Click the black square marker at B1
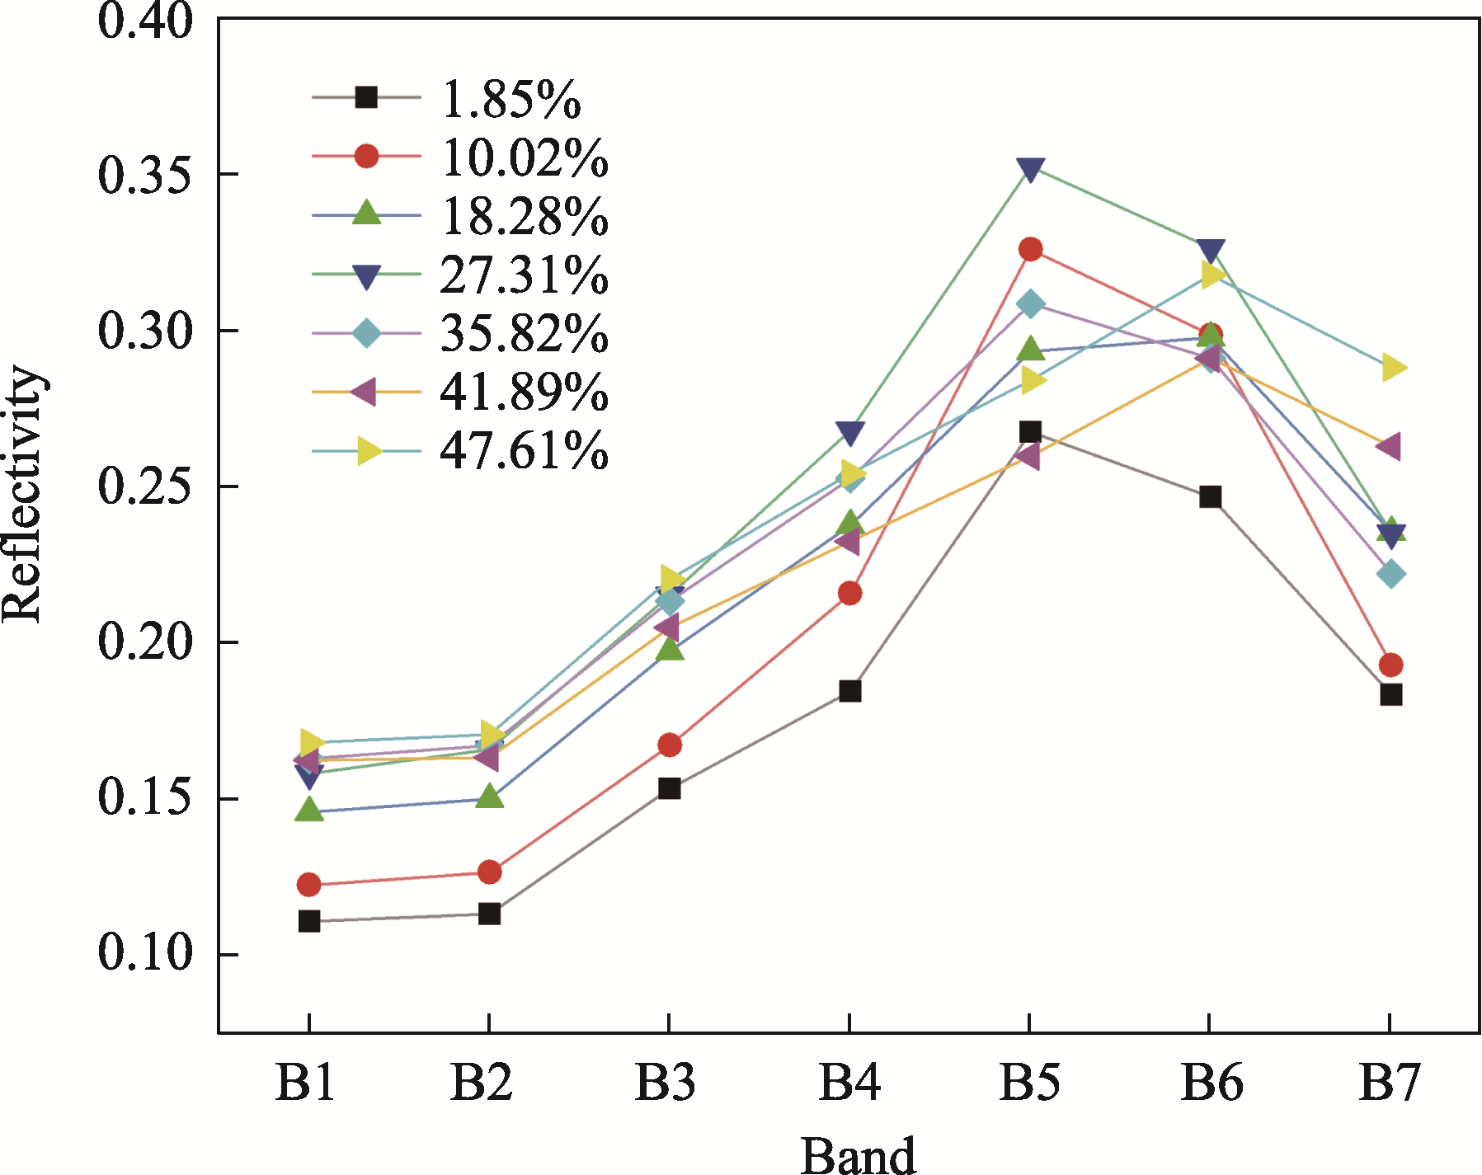point(309,921)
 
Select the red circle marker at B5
point(1030,249)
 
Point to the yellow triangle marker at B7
point(1392,367)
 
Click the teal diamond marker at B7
point(1390,574)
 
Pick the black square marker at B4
point(850,691)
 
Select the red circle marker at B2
point(489,872)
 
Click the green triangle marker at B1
point(309,810)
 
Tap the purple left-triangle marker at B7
point(1389,447)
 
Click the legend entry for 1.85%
point(511,99)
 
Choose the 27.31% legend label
point(525,275)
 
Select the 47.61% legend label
point(525,450)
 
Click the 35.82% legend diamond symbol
point(366,333)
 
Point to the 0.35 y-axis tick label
point(145,175)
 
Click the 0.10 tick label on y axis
point(145,953)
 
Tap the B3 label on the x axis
point(665,1082)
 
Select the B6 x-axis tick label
point(1211,1082)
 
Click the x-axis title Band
point(858,1154)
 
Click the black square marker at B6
point(1210,496)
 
